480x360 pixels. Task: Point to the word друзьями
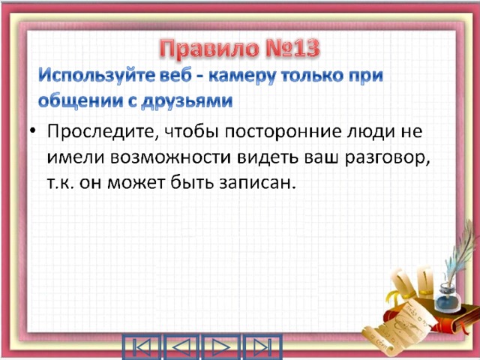tap(187, 101)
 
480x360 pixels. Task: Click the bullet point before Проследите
tap(33, 132)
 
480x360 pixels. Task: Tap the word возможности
tap(172, 157)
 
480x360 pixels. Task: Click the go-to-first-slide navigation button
tap(142, 347)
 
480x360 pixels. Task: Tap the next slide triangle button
tap(220, 347)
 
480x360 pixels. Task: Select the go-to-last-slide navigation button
tap(262, 347)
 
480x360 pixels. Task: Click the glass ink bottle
tap(448, 298)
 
